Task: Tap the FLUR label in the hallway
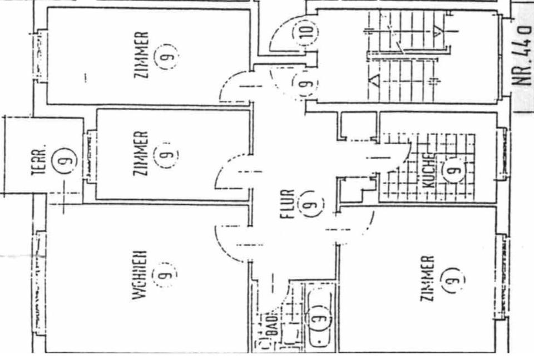coord(287,204)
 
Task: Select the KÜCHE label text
coord(427,170)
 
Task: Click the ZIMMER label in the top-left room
coord(142,55)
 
